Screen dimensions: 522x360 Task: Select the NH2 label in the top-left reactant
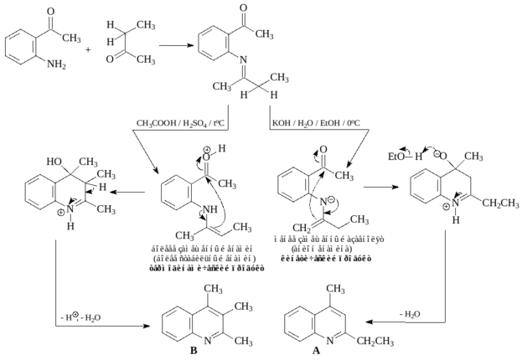point(56,64)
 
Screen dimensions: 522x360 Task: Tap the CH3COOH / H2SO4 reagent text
point(180,123)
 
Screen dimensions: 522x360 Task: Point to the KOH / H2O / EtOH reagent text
point(316,123)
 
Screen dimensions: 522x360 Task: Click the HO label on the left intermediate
point(54,161)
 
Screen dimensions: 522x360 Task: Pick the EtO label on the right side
point(396,157)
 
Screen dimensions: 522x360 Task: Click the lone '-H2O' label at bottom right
point(410,314)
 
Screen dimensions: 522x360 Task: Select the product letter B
point(193,349)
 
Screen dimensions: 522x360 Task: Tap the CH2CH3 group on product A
point(375,342)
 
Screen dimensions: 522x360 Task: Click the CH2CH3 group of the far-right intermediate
point(500,203)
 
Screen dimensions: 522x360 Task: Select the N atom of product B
point(208,341)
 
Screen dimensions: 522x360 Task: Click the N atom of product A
point(330,341)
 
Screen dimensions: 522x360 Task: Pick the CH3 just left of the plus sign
point(71,39)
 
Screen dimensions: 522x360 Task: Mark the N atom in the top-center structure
point(243,60)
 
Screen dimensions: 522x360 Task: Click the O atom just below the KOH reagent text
point(323,149)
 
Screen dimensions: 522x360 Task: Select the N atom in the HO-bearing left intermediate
point(70,208)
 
